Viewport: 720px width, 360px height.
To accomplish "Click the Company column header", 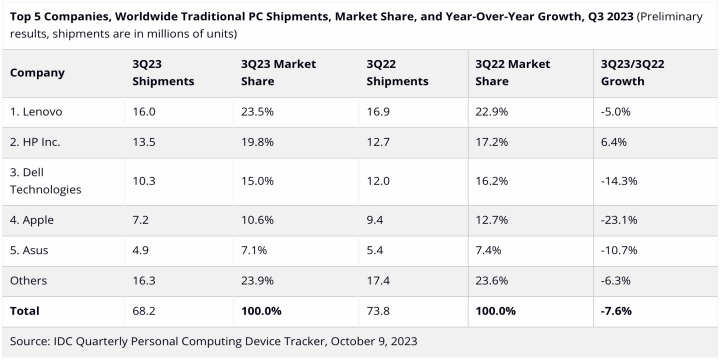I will click(x=37, y=72).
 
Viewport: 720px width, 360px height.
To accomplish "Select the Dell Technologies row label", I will click(x=46, y=181).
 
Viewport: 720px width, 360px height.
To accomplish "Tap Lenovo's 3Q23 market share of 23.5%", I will click(x=257, y=114).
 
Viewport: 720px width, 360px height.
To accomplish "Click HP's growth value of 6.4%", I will click(x=613, y=142).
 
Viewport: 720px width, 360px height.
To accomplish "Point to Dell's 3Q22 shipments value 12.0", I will click(x=380, y=180).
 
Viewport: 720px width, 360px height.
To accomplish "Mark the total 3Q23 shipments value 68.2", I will click(x=145, y=311).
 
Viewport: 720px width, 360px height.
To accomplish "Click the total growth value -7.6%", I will click(x=617, y=311).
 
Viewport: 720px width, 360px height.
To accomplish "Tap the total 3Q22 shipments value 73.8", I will click(x=381, y=311).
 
